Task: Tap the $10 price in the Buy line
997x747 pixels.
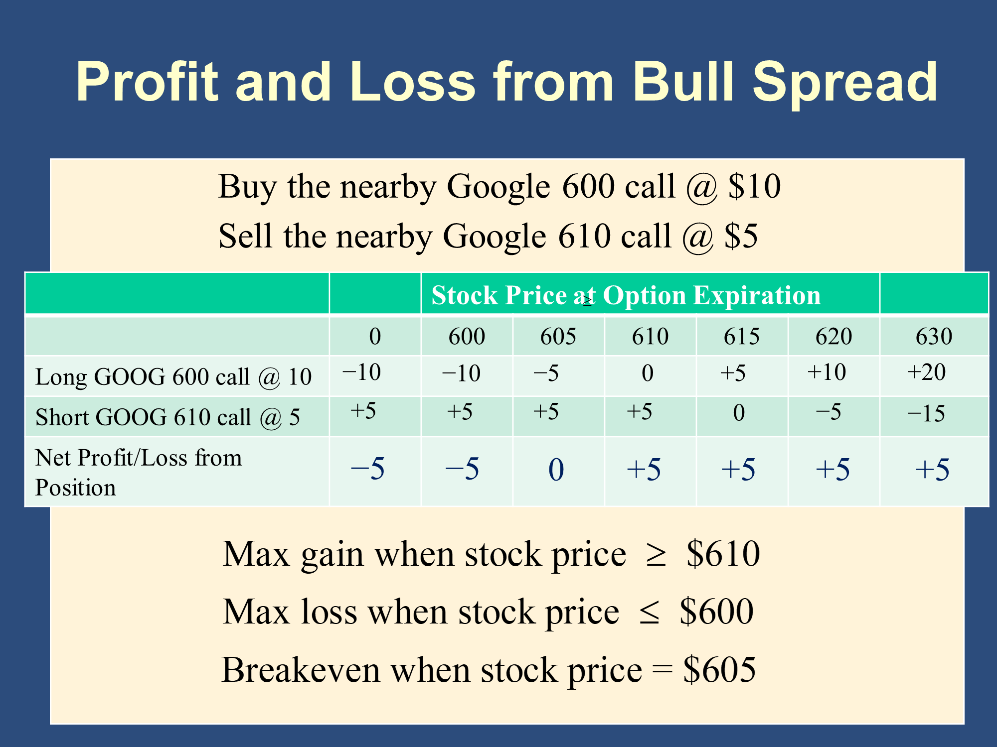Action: click(x=754, y=187)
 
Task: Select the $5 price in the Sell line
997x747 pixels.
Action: click(x=741, y=236)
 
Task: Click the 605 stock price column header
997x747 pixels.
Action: click(x=558, y=336)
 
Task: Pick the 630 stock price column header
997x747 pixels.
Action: click(x=934, y=336)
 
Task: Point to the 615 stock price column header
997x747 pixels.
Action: click(x=742, y=336)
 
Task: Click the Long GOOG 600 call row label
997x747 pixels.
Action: click(x=173, y=377)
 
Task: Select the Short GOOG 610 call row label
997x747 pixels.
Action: click(x=167, y=417)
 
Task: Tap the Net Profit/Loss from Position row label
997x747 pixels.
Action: click(x=139, y=472)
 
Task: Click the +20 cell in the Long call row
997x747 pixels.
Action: click(x=926, y=372)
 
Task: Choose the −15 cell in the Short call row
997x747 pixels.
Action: click(x=926, y=413)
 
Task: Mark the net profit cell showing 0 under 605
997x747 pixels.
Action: click(x=556, y=470)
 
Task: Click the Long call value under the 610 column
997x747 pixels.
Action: click(x=648, y=373)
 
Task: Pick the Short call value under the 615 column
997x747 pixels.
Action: click(x=739, y=413)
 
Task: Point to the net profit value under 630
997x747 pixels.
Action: click(x=932, y=470)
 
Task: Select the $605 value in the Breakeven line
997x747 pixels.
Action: click(x=719, y=670)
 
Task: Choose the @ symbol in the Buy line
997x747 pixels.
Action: click(x=701, y=188)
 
